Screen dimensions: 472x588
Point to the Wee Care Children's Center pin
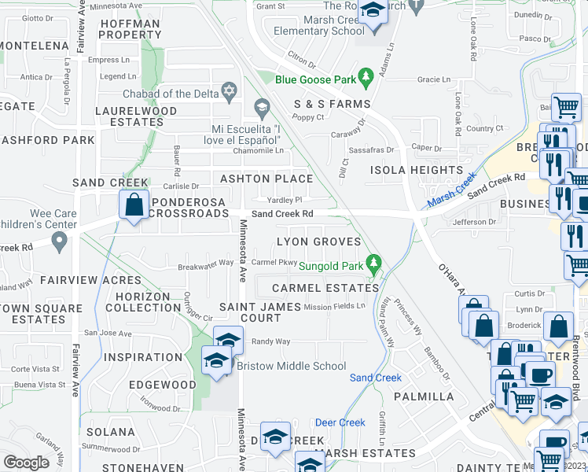click(59, 243)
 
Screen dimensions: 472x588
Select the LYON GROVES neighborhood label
click(318, 242)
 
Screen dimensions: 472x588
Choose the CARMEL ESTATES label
click(321, 288)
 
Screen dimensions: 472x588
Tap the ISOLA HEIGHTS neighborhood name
click(417, 170)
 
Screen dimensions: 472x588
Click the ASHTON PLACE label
click(266, 179)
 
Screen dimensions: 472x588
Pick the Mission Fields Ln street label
click(335, 306)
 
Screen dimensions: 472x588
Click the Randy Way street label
click(270, 341)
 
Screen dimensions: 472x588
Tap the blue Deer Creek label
click(340, 422)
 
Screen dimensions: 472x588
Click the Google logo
click(26, 463)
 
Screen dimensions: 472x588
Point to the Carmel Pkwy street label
click(274, 262)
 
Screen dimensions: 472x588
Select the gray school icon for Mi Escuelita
click(262, 107)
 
